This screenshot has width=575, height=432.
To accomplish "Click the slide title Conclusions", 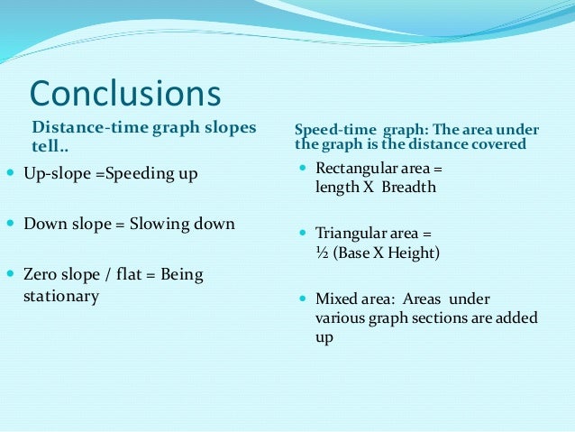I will pos(125,94).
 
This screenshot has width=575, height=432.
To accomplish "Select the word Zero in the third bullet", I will pos(40,274).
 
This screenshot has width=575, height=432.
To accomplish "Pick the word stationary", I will pos(60,296).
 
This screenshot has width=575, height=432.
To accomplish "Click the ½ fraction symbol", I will pos(321,253).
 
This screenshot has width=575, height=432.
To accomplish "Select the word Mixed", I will pos(335,299).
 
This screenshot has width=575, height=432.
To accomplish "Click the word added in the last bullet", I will pos(517,317).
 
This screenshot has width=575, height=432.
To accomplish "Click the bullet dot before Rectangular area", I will pos(304,169).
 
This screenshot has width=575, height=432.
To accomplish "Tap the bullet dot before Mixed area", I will pos(304,299).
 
